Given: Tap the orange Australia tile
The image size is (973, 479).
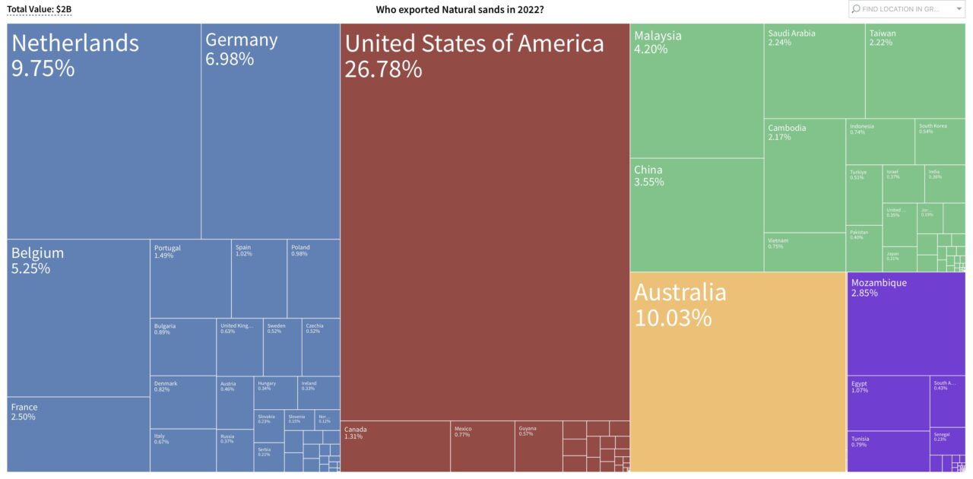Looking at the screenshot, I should tap(737, 373).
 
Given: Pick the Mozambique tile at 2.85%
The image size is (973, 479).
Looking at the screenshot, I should tap(905, 323).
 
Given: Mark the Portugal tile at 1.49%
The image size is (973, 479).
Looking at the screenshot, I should tap(190, 278).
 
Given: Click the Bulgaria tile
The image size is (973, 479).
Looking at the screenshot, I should tap(182, 347).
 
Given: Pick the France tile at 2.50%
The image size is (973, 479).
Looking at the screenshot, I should tap(78, 434).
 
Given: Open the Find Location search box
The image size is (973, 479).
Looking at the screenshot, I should tap(901, 9).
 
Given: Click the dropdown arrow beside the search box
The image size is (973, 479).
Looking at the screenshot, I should tap(959, 9).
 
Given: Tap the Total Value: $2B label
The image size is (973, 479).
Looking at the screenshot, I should tap(39, 9).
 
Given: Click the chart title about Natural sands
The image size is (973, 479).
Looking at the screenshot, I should tap(459, 9).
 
